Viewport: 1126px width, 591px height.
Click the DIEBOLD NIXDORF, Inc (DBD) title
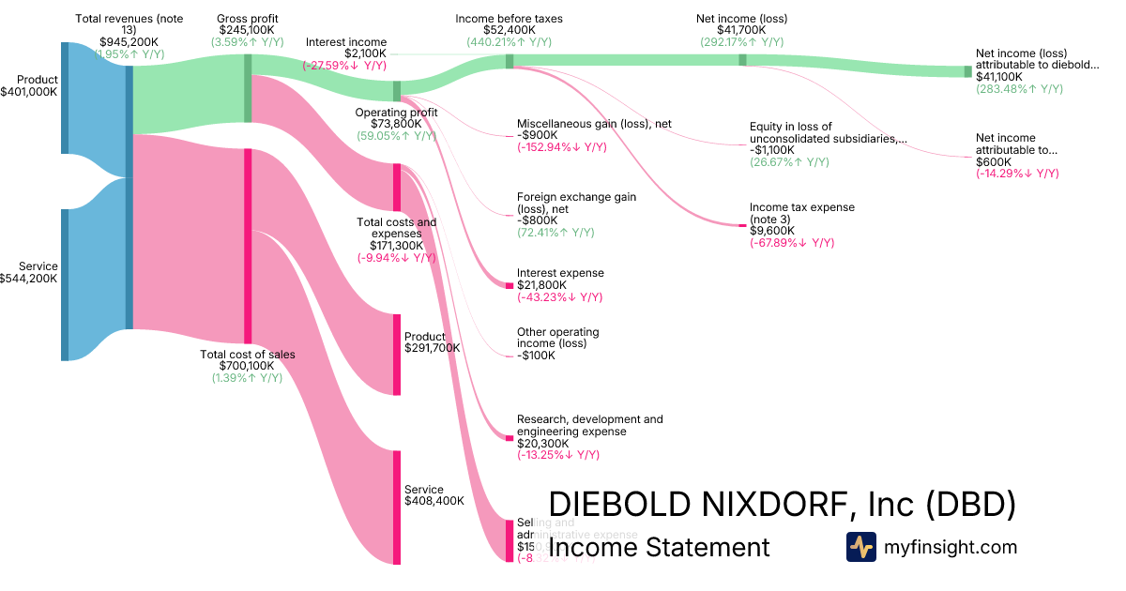coord(782,504)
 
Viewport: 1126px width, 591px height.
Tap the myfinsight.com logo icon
coord(860,547)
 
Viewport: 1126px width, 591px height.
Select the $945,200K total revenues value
coord(129,42)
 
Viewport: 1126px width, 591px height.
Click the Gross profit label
coord(247,19)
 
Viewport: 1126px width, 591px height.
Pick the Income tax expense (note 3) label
coord(801,213)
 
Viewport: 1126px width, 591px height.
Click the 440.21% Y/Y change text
coord(509,42)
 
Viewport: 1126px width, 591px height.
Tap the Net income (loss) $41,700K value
coord(741,30)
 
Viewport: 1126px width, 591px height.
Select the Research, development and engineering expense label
coord(589,425)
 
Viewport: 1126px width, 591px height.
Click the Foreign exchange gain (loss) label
coord(576,203)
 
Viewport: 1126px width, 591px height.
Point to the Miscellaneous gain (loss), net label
coord(594,124)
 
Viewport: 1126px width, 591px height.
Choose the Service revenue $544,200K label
coord(38,266)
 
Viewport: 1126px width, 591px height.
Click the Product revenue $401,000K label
coord(37,80)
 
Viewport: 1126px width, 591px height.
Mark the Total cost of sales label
coord(248,355)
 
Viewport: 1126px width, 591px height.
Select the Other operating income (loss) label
coord(557,338)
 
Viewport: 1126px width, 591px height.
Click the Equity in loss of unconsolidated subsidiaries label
coord(828,133)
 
